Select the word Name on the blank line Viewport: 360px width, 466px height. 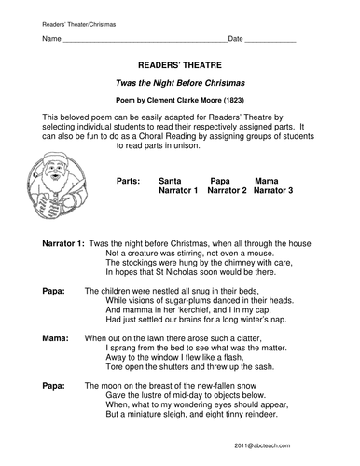pyautogui.click(x=52, y=39)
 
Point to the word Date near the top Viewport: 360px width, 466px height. pyautogui.click(x=236, y=39)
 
